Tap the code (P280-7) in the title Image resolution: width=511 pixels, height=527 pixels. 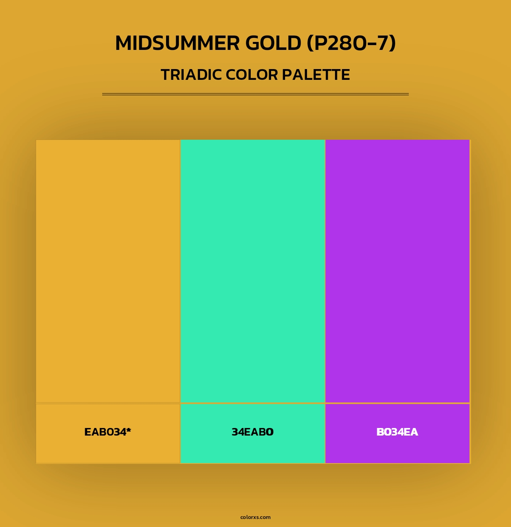(x=351, y=43)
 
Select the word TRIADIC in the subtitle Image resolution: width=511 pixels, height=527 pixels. (x=191, y=75)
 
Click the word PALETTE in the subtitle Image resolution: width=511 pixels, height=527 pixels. (x=316, y=75)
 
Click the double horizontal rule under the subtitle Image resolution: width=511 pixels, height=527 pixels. (x=255, y=94)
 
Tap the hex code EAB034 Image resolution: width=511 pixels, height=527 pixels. (x=105, y=432)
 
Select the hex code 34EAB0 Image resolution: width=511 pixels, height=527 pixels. (x=253, y=432)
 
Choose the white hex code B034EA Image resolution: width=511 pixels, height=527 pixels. (x=397, y=432)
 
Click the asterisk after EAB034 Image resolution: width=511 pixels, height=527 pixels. (x=129, y=430)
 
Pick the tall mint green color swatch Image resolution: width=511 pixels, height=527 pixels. (x=253, y=271)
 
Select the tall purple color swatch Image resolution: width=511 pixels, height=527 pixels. (x=397, y=271)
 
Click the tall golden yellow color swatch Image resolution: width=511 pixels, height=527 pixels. (x=108, y=271)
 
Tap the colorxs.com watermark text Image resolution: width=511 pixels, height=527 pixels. (x=255, y=517)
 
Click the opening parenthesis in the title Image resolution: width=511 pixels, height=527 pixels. (x=310, y=43)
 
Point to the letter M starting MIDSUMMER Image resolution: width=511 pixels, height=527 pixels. (x=124, y=43)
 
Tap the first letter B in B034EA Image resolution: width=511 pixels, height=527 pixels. (x=380, y=432)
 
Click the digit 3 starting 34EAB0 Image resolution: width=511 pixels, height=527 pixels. (x=235, y=432)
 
